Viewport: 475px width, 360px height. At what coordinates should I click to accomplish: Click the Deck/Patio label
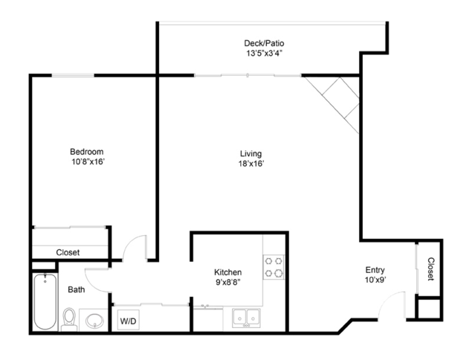click(x=264, y=43)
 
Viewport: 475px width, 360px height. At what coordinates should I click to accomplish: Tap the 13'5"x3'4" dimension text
click(x=265, y=54)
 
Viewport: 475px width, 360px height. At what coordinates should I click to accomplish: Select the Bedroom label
click(x=87, y=152)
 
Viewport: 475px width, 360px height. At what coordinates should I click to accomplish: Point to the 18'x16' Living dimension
click(x=251, y=164)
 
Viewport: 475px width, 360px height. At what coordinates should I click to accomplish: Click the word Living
click(x=251, y=154)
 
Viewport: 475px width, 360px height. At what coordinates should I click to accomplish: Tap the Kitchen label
click(x=227, y=272)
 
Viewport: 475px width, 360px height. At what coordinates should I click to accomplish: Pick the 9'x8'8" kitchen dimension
click(x=227, y=282)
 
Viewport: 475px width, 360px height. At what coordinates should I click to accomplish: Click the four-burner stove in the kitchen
click(x=274, y=267)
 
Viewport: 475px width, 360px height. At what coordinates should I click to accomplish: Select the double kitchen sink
click(x=246, y=318)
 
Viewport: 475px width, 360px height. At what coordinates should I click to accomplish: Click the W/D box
click(x=128, y=320)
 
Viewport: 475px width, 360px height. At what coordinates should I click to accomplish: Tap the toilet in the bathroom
click(x=69, y=320)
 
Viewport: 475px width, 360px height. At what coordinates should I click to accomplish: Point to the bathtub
click(x=45, y=301)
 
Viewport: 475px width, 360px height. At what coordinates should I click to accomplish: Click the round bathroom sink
click(x=94, y=321)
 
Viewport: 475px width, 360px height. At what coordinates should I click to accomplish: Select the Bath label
click(x=77, y=289)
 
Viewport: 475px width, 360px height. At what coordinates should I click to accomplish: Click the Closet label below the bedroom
click(x=68, y=252)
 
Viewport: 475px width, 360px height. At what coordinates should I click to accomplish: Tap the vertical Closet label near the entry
click(x=431, y=269)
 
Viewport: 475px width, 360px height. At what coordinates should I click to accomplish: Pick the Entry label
click(x=375, y=270)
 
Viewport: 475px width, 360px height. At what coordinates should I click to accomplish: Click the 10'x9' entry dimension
click(x=375, y=280)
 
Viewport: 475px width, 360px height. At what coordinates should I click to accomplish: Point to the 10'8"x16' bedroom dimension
click(x=88, y=162)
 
